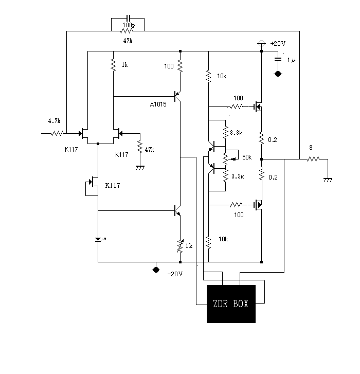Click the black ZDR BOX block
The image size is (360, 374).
(231, 304)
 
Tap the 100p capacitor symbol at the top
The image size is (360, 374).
(128, 18)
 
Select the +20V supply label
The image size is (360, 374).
(278, 44)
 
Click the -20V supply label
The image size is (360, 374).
(175, 274)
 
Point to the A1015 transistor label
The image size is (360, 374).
(158, 104)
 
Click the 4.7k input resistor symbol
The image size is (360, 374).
(58, 133)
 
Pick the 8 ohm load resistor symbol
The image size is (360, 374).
(313, 159)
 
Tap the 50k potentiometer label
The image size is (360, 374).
(247, 157)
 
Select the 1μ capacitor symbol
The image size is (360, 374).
(278, 59)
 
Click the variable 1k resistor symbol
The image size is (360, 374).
(180, 246)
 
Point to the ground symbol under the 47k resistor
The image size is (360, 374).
(140, 168)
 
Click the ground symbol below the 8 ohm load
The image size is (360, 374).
(328, 180)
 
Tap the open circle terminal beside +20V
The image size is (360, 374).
(262, 44)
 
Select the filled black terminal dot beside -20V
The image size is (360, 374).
(156, 270)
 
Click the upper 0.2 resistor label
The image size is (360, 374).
(273, 140)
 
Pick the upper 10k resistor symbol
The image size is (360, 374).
(208, 76)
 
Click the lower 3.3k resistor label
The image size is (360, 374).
(238, 176)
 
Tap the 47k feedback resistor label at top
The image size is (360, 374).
(128, 41)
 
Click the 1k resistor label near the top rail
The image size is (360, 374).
(124, 65)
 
